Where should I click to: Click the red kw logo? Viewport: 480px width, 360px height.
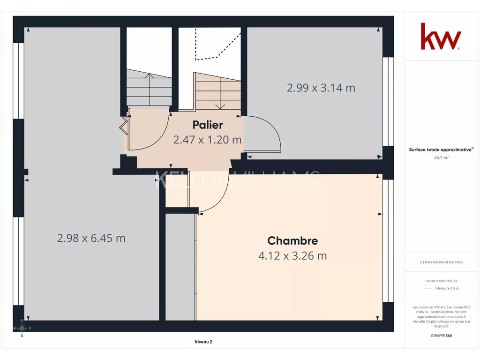click(x=441, y=36)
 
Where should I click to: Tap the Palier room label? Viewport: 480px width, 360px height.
click(x=208, y=125)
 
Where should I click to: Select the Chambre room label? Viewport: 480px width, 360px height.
click(x=292, y=240)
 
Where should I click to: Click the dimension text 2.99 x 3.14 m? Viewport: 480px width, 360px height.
click(x=321, y=88)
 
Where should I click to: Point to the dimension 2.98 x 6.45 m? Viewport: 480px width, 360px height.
click(x=91, y=238)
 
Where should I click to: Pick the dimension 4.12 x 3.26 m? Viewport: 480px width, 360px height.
click(x=292, y=255)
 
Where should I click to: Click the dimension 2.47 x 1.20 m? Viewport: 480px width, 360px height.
click(x=208, y=140)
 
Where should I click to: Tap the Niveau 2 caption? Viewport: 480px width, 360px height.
click(x=203, y=342)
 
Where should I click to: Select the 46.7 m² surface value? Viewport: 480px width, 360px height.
click(x=441, y=157)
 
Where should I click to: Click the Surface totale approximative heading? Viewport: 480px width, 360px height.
click(x=441, y=150)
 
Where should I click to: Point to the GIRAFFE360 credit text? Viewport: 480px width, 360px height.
click(x=441, y=336)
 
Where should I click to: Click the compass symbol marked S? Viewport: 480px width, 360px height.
click(x=22, y=329)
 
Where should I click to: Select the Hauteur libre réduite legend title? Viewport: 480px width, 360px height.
click(x=441, y=281)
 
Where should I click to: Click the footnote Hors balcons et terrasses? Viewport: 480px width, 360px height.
click(x=441, y=262)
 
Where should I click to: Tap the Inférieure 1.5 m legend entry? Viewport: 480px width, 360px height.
click(x=447, y=288)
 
